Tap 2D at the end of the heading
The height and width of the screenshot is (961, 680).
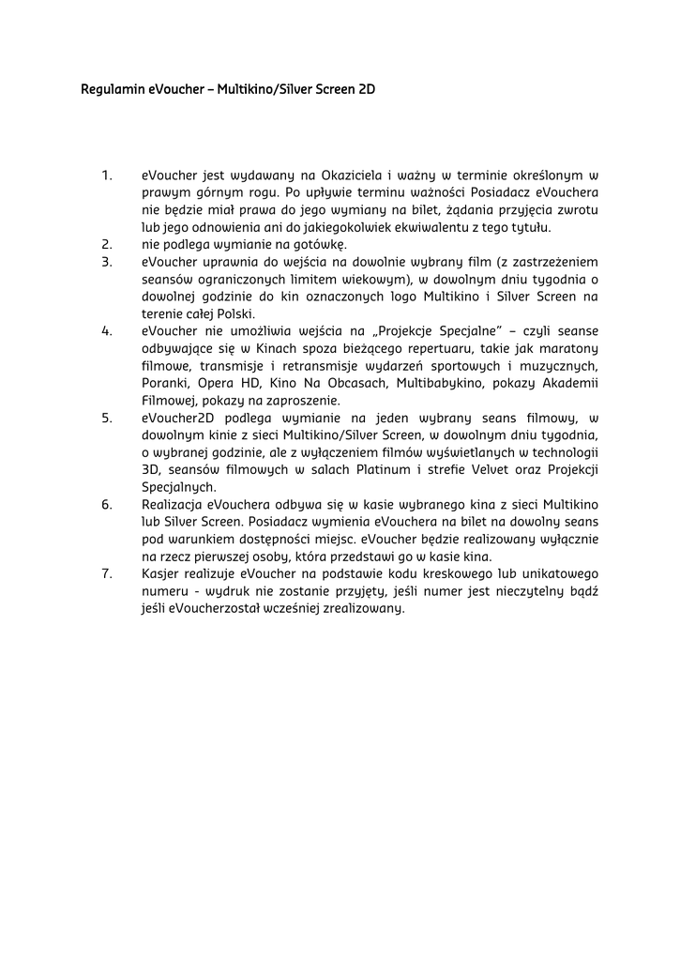pyautogui.click(x=367, y=90)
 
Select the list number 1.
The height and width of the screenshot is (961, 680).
pyautogui.click(x=107, y=175)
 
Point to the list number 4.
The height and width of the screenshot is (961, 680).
pyautogui.click(x=107, y=330)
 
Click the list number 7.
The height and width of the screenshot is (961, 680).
pyautogui.click(x=107, y=573)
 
